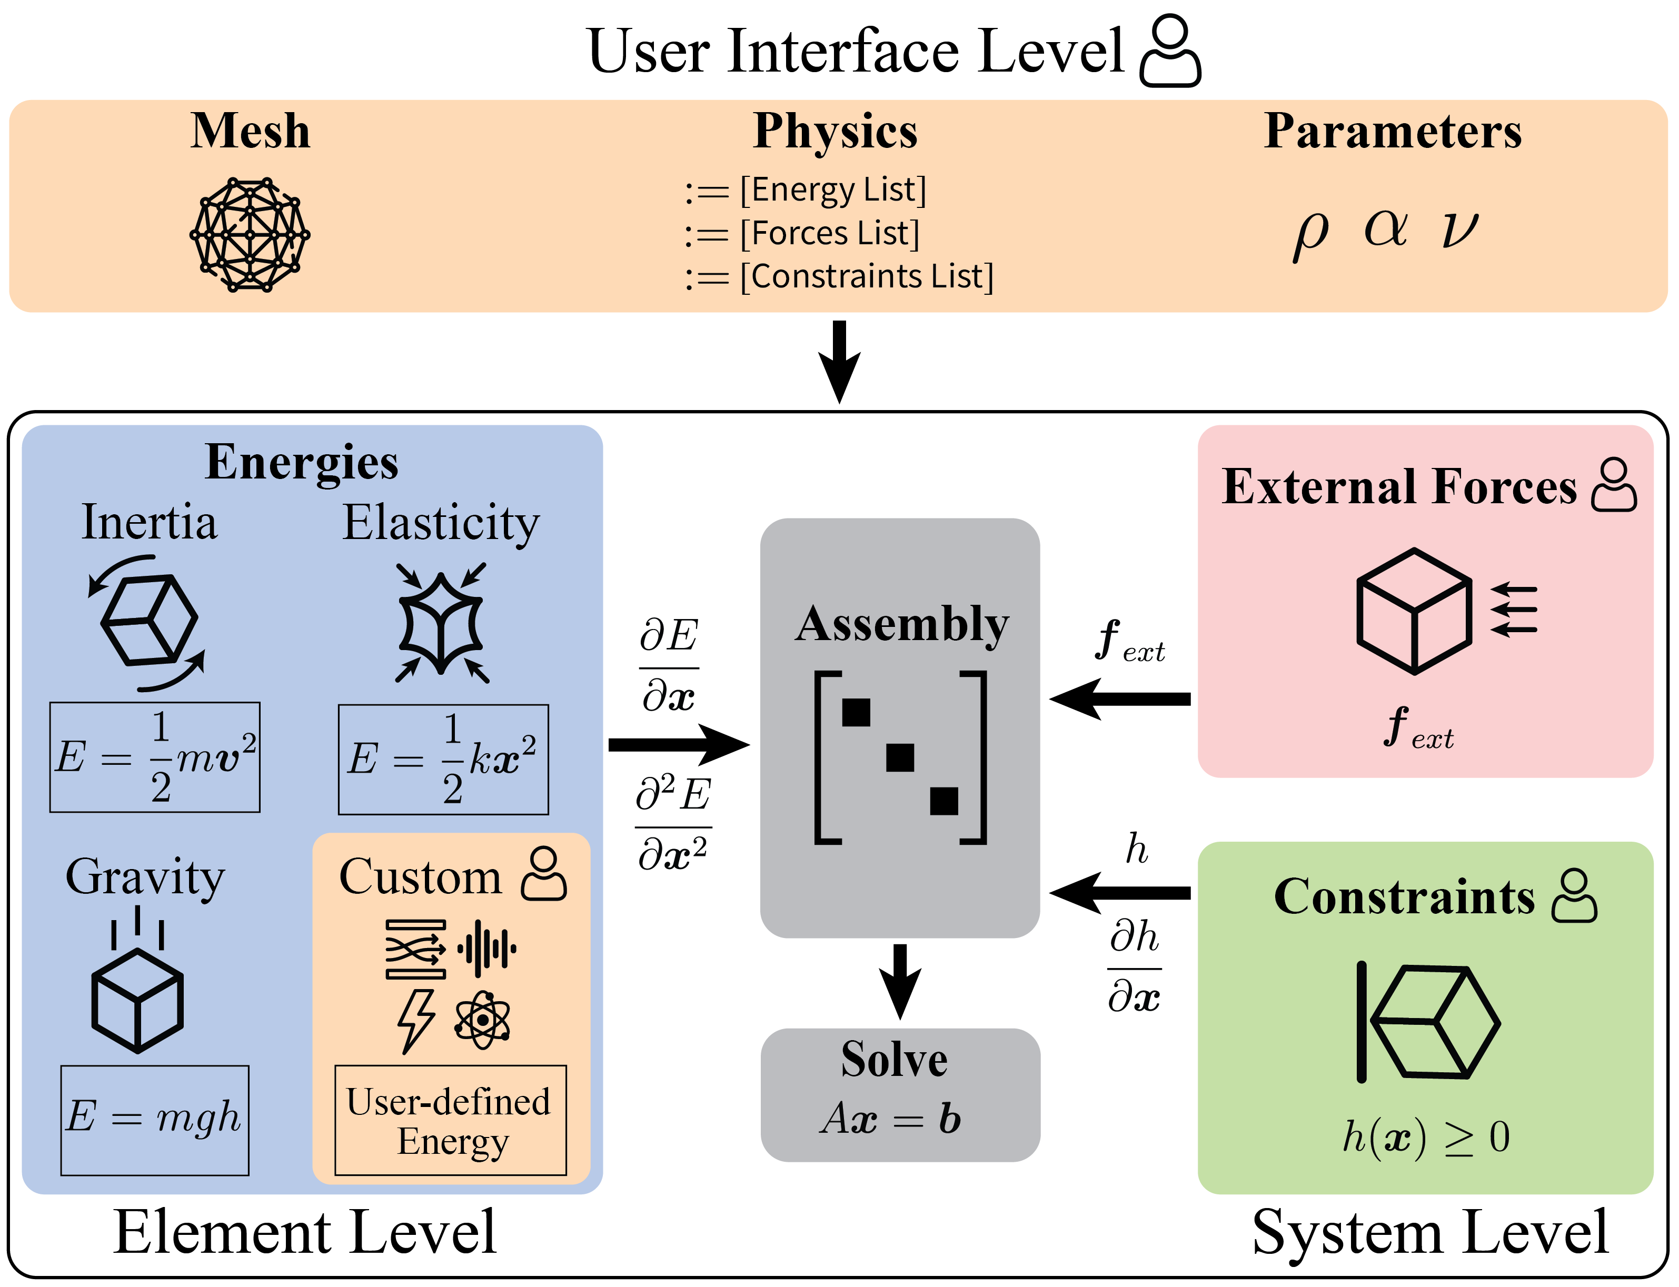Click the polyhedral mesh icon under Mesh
coord(250,234)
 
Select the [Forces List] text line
coord(829,233)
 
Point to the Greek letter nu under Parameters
coord(1459,230)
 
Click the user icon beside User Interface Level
coord(1170,52)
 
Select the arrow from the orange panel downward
coord(839,360)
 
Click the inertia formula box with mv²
coord(155,757)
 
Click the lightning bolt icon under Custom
coord(416,1021)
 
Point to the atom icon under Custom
coord(482,1020)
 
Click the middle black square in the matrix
coord(900,757)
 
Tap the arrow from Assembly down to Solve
coord(900,981)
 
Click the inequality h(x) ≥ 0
coord(1425,1138)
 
